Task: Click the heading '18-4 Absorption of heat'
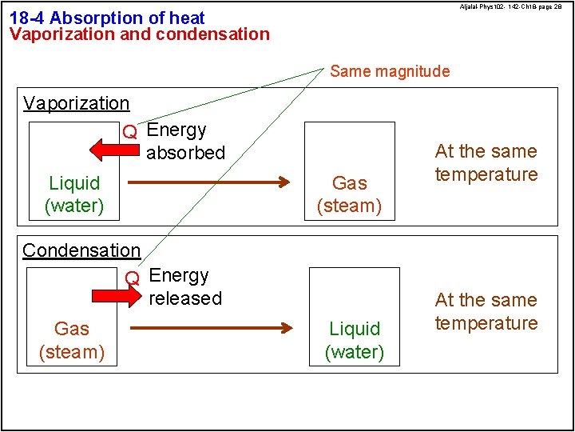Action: [107, 18]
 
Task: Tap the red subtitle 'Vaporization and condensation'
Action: [140, 34]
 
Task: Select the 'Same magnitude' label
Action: [390, 71]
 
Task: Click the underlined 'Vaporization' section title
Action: [77, 103]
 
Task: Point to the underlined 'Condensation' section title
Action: [81, 250]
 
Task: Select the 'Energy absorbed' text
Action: [185, 141]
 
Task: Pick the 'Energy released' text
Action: [184, 286]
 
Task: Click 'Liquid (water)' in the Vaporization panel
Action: [75, 194]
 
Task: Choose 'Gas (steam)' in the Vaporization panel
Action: [350, 194]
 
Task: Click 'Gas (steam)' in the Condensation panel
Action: [72, 340]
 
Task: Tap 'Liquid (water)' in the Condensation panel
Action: [355, 340]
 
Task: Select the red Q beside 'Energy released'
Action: [133, 278]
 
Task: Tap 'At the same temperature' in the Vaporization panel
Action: [486, 162]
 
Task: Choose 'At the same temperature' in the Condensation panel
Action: [486, 311]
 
